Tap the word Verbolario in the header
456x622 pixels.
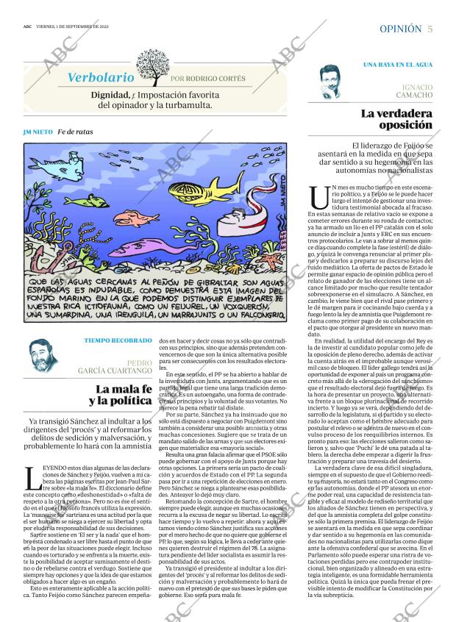coord(101,77)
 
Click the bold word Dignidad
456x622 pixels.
coord(111,95)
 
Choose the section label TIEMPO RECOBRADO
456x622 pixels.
coord(118,340)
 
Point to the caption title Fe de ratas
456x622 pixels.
coord(74,132)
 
